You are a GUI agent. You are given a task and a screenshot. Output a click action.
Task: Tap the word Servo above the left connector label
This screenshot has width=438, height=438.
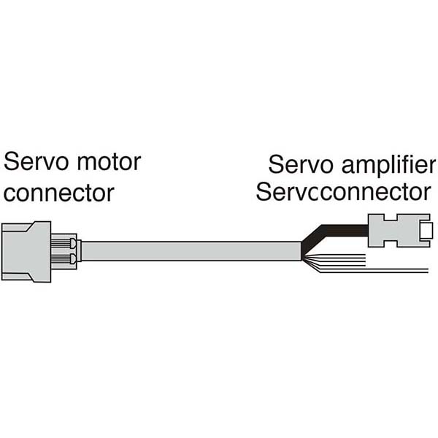click(32, 162)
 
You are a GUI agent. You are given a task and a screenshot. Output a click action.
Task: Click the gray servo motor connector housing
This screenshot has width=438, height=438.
click(26, 251)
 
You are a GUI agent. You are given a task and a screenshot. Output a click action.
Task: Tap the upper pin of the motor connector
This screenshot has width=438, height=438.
click(64, 242)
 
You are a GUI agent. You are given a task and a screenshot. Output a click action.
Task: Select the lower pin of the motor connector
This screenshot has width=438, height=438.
click(64, 259)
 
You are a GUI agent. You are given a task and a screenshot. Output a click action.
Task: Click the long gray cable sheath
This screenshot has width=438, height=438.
click(190, 251)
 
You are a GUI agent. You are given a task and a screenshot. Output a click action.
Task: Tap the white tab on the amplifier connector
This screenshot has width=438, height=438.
click(426, 232)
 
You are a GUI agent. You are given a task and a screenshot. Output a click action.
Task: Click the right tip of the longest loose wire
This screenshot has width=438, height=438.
click(426, 271)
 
